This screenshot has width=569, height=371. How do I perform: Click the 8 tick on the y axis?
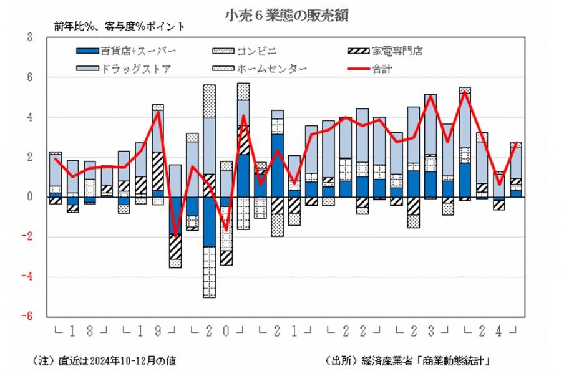click(29, 37)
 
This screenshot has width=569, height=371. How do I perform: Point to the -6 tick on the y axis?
click(27, 316)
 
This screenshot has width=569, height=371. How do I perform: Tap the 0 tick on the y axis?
click(29, 196)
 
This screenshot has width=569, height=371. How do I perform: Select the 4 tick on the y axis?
click(29, 117)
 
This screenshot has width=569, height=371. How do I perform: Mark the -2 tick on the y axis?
click(27, 236)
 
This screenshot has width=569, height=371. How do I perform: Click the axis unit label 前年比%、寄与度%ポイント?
click(119, 26)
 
